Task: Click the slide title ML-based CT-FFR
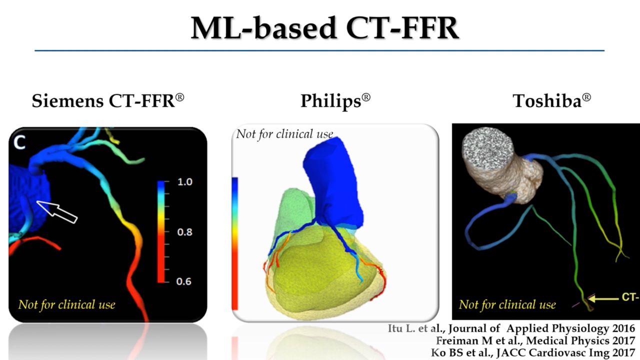coord(324,28)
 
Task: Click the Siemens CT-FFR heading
coord(108,101)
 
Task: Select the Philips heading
coord(335,101)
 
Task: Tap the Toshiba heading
coord(551,101)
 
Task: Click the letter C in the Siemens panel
coord(19,143)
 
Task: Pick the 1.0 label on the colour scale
coord(185,182)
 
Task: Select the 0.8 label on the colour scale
coord(185,232)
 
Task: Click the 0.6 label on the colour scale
coord(185,281)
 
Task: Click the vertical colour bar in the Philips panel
coord(234,243)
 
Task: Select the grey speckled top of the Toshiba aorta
coord(488,146)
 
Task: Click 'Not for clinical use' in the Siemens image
coord(66,304)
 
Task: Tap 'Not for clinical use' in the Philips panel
coord(284,134)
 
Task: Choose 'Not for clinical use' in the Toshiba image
coord(507,304)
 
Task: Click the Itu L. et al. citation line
coord(511,328)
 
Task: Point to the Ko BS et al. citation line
coord(533,351)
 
